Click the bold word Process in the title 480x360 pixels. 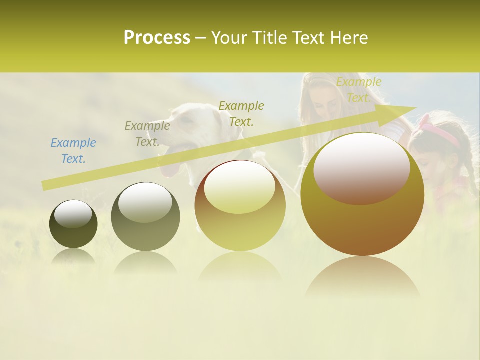point(157,38)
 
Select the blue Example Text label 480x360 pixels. point(73,151)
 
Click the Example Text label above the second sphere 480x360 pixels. point(147,134)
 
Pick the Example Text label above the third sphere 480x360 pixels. point(241,113)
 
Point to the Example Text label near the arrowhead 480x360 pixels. point(358,90)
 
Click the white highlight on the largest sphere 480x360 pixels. point(361,168)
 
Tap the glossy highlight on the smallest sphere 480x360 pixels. point(73,214)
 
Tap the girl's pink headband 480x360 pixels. point(440,133)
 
